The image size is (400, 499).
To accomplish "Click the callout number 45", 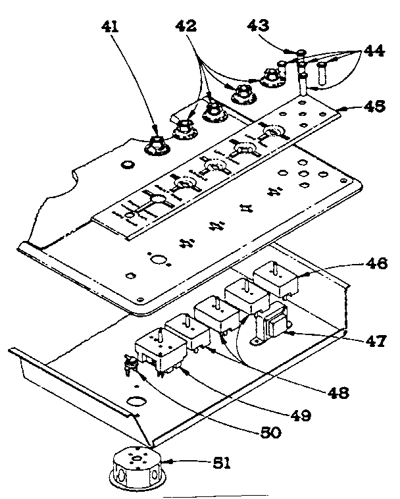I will (x=374, y=105).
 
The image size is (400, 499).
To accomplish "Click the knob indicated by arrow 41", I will (x=159, y=143).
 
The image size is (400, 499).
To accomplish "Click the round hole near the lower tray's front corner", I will (x=136, y=400).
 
